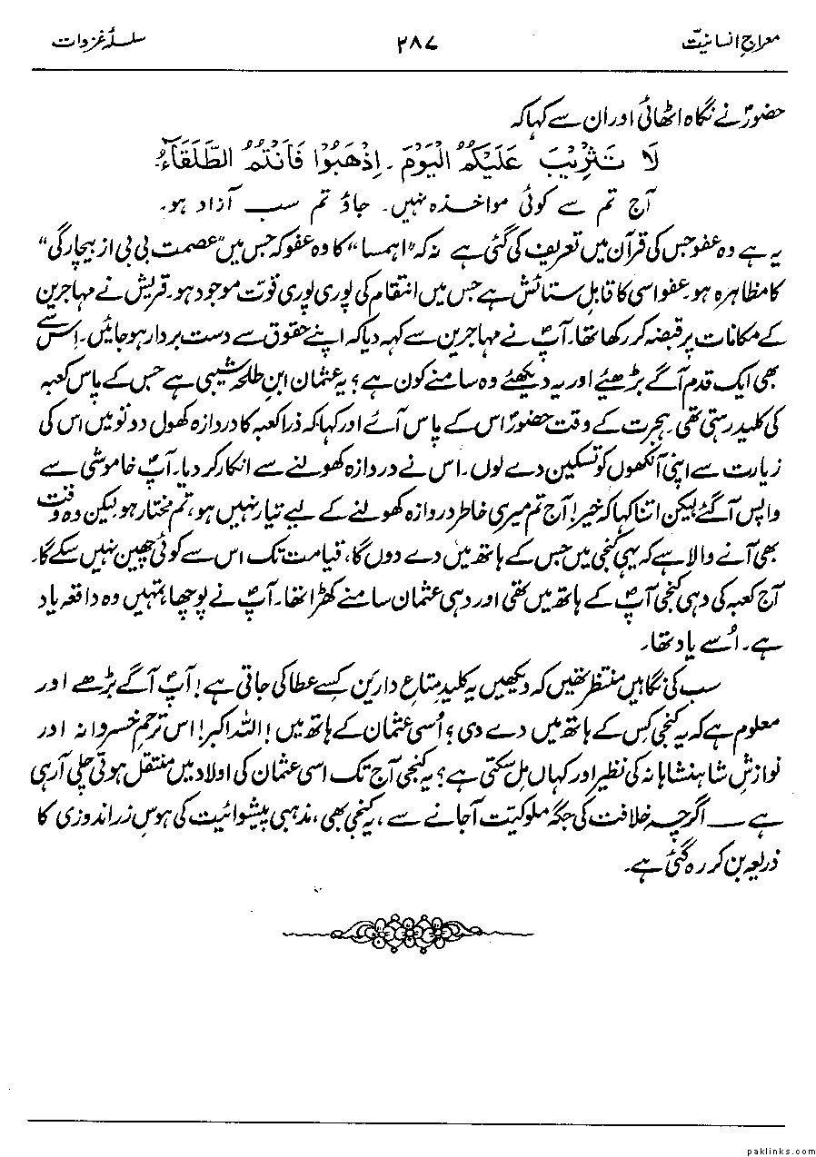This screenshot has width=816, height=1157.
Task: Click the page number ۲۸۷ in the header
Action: coord(424,43)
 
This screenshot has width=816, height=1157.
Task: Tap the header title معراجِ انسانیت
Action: coord(735,44)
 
